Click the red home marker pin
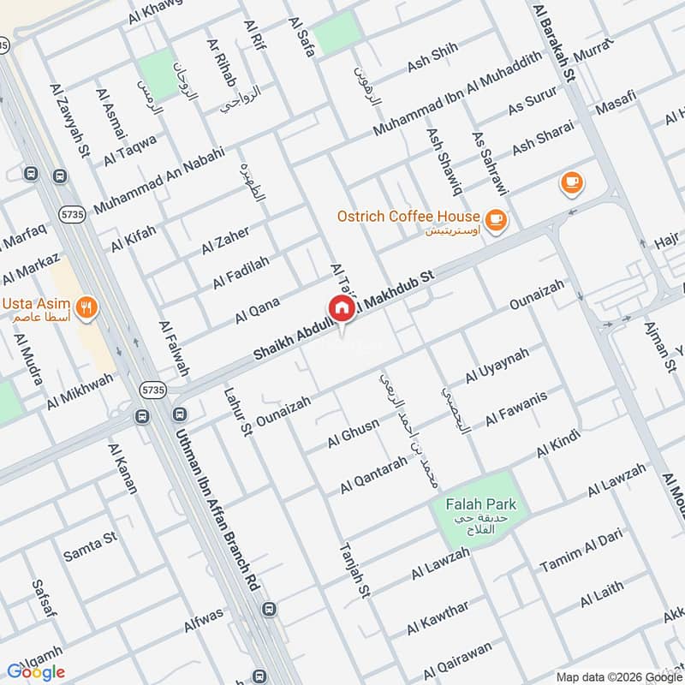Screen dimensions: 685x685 coord(340,308)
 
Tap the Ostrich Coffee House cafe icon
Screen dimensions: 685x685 coord(495,220)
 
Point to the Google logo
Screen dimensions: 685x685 coord(36,671)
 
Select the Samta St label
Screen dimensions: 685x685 coord(89,548)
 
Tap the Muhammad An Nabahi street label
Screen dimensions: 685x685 coord(158,180)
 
